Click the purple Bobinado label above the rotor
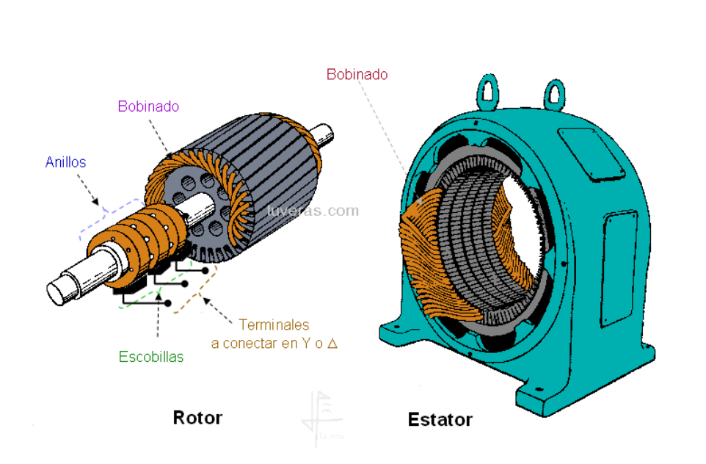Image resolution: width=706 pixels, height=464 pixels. pos(148,106)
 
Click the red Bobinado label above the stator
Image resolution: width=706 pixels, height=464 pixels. pos(357,74)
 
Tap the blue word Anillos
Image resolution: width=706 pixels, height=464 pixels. pos(65,162)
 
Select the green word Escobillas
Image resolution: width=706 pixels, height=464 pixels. pos(151,358)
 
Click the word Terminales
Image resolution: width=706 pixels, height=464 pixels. pos(274,325)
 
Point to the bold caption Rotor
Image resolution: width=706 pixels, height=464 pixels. pos(197,418)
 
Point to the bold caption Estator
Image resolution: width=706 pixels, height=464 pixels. pos(440,420)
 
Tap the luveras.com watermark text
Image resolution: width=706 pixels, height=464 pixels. pos(313,211)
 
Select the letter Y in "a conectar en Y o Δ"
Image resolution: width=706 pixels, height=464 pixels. pos(304,343)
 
